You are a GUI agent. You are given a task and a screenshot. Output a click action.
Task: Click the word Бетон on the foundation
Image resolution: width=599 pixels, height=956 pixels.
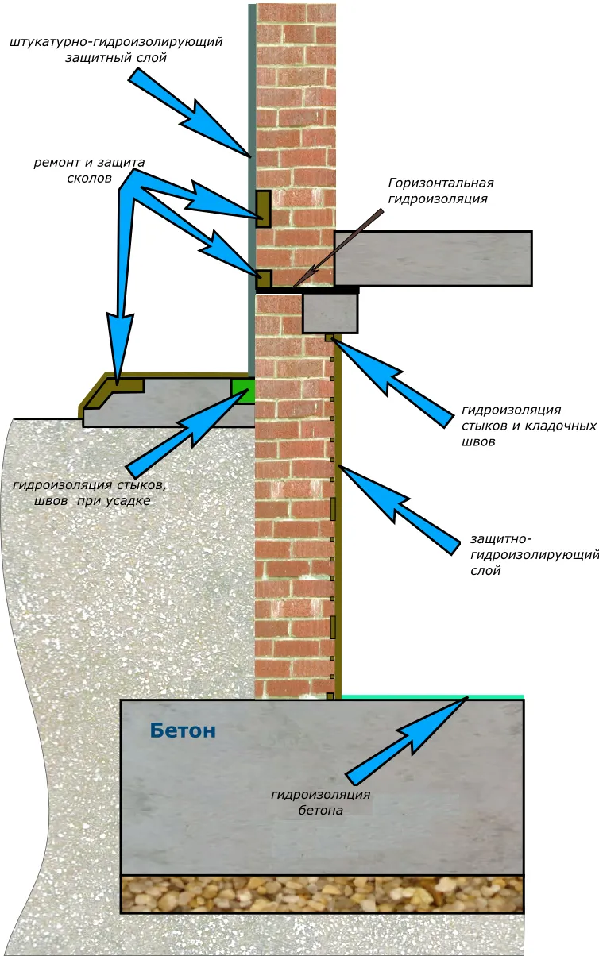pyautogui.click(x=182, y=731)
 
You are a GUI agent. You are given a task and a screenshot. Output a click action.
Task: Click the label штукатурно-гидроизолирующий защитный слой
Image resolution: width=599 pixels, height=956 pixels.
pyautogui.click(x=116, y=49)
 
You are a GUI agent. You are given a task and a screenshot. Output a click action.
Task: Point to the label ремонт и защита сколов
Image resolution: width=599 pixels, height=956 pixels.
pyautogui.click(x=89, y=171)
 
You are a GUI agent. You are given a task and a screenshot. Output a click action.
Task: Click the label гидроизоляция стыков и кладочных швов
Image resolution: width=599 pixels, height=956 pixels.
pyautogui.click(x=528, y=426)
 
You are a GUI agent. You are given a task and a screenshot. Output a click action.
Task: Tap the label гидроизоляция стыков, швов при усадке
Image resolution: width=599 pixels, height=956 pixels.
pyautogui.click(x=90, y=492)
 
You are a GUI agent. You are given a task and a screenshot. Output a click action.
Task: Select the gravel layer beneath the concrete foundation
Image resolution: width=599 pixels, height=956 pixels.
pyautogui.click(x=322, y=894)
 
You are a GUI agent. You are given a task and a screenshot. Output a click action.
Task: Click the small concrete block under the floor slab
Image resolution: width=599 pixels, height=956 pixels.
pyautogui.click(x=330, y=313)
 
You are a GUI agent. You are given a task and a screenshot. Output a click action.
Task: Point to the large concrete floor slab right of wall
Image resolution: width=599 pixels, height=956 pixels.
pyautogui.click(x=432, y=258)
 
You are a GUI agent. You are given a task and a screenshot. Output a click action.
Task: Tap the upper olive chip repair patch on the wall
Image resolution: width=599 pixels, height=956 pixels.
pyautogui.click(x=263, y=209)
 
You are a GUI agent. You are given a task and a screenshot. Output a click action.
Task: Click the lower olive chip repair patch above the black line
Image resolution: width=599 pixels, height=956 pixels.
pyautogui.click(x=263, y=279)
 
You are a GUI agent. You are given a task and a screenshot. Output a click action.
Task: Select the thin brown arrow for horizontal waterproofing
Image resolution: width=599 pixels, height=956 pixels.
pyautogui.click(x=342, y=245)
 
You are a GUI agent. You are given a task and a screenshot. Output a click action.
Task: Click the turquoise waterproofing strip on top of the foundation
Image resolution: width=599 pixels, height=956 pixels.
pyautogui.click(x=433, y=696)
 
